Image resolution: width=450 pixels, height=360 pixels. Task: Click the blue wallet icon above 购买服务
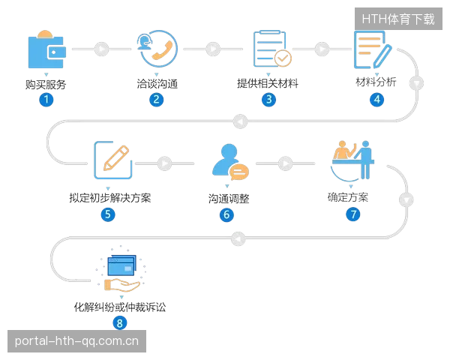pos(47,49)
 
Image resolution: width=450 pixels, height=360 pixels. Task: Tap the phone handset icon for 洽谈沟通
pos(157,49)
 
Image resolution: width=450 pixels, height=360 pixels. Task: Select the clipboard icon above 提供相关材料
pos(272,49)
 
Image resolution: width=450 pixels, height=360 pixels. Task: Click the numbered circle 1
pos(46,100)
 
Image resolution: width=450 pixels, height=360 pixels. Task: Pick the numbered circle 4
pos(376,100)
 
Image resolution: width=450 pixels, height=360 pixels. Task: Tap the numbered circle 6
pos(226,214)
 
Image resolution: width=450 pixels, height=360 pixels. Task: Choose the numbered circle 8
pos(120,323)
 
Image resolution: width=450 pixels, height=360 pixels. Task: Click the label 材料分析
pos(376,82)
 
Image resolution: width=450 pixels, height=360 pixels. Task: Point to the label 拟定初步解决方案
pos(110,198)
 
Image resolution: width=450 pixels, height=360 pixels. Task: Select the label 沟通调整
pos(229,199)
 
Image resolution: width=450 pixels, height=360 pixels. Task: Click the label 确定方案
pos(348,197)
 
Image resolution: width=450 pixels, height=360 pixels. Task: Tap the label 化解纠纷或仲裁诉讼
pos(120,307)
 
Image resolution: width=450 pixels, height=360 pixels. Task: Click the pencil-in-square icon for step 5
pos(113,160)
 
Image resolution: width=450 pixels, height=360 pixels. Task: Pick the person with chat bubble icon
pos(230,162)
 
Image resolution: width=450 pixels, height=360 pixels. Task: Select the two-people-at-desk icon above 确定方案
pos(352,160)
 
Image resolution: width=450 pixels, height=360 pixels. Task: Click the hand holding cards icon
pos(121,269)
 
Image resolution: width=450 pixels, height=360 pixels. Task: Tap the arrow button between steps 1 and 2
pos(101,49)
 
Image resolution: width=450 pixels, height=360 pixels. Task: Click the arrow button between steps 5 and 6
pos(165,163)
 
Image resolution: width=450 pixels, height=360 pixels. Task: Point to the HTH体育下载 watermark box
pos(398,19)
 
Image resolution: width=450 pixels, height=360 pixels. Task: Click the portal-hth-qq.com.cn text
pos(76,341)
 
